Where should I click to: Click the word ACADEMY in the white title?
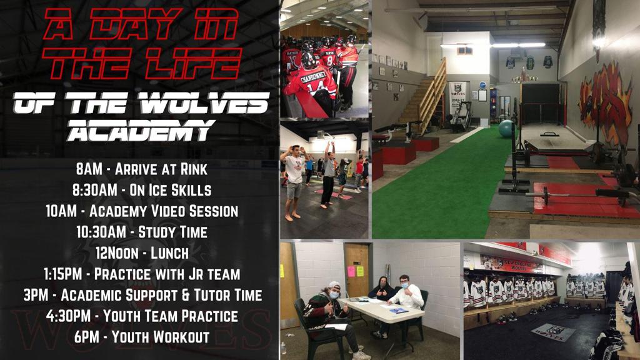(x=140, y=131)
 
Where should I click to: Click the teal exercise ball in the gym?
(x=506, y=129)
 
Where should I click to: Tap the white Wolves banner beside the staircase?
(x=457, y=97)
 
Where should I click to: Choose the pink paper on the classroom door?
(x=351, y=271)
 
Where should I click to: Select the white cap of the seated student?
(x=334, y=285)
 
